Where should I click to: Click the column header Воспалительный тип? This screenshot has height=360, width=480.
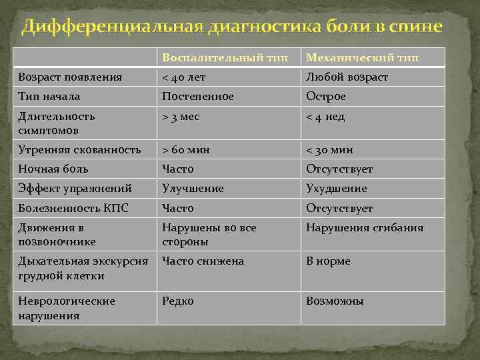220,57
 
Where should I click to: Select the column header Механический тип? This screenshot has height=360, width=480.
363,57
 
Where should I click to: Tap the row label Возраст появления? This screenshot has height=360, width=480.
70,77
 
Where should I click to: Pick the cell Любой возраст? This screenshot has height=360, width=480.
347,77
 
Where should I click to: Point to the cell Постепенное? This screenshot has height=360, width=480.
198,97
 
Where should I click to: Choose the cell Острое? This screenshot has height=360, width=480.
326,97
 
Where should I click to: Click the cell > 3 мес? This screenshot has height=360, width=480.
181,117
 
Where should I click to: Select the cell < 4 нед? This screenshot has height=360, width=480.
325,117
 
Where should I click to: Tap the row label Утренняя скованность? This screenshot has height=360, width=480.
79,149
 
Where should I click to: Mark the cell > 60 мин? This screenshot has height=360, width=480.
186,149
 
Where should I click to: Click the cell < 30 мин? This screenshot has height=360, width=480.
329,149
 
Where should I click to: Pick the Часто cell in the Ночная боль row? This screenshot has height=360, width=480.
178,169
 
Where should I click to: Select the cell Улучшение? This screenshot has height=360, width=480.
193,189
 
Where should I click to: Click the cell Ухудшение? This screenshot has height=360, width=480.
337,189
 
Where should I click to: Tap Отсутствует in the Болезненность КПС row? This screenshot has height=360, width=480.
339,209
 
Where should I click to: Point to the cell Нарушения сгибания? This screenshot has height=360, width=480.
365,228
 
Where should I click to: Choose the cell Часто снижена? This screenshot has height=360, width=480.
203,261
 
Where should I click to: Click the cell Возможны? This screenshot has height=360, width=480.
335,301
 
